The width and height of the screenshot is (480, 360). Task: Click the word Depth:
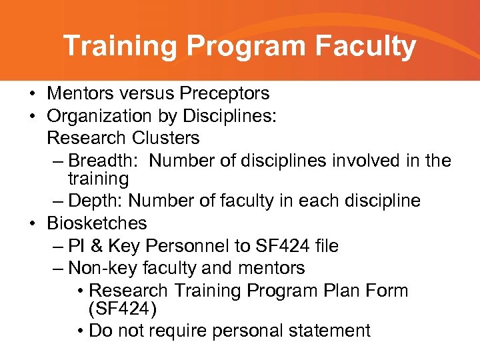(x=97, y=201)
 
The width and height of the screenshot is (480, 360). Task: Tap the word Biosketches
(x=97, y=223)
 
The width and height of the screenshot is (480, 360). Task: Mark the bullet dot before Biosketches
(x=32, y=223)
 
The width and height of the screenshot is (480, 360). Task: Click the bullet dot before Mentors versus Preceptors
(x=32, y=93)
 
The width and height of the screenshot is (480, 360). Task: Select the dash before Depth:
(x=57, y=201)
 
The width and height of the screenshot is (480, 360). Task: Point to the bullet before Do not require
(x=80, y=331)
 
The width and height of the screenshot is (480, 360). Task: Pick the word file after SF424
(x=325, y=246)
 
